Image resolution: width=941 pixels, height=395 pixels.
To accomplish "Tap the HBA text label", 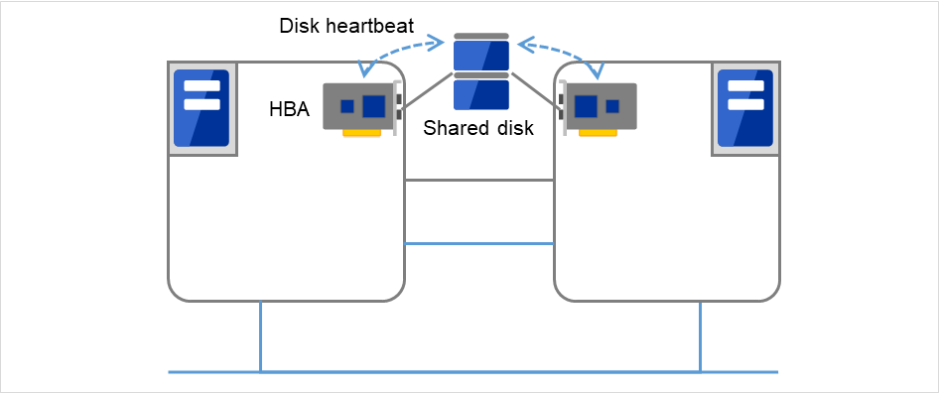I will [289, 109].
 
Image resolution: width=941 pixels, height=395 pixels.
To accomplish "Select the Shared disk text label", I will [478, 128].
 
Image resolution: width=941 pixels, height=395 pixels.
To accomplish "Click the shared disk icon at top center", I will [481, 73].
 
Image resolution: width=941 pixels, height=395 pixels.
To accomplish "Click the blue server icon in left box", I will [202, 107].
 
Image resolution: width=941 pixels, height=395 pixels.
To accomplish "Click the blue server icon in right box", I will [745, 107].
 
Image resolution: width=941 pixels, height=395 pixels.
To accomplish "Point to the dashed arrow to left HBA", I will [397, 50].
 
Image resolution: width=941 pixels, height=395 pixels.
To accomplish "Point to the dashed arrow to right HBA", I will [566, 50].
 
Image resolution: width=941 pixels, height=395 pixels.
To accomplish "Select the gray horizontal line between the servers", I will [478, 181].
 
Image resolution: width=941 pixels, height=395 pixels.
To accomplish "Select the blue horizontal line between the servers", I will [478, 243].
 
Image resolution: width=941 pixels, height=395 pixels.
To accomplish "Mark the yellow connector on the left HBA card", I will [362, 132].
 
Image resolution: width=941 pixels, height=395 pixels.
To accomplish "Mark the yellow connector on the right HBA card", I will [599, 132].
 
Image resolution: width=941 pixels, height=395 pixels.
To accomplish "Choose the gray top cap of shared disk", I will [481, 36].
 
